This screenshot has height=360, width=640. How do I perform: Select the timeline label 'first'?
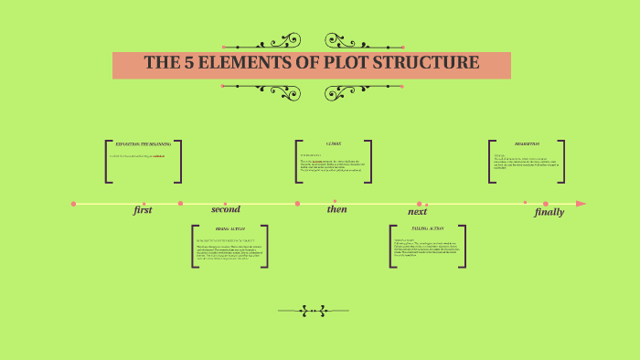143,210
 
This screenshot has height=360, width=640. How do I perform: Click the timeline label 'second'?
225,209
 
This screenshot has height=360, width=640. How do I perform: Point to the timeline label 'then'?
337,209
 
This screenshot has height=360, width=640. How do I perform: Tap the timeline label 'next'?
417,211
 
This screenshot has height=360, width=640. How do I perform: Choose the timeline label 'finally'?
549,212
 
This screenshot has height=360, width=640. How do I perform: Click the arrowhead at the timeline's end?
581,203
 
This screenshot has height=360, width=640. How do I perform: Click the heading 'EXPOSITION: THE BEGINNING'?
142,144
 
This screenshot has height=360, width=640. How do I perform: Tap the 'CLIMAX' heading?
334,144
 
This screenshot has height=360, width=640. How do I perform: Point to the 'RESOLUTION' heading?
527,144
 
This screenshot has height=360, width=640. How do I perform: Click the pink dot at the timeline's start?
73,203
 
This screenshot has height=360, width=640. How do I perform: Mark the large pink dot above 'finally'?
546,204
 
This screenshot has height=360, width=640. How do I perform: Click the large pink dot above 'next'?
420,204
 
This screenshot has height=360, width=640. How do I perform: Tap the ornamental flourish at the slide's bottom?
314,311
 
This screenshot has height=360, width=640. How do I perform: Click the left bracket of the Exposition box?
108,162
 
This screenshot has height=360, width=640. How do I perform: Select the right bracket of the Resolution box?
562,162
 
